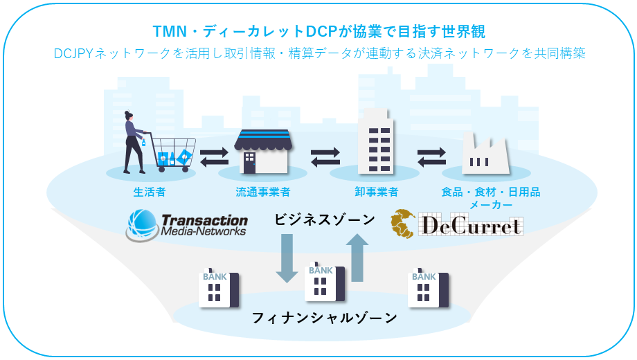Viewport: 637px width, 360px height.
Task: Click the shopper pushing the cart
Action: tap(134, 142)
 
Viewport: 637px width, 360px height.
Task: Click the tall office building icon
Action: tap(374, 146)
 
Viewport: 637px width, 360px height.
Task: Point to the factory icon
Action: tap(485, 153)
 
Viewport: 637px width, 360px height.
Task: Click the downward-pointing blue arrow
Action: tap(286, 258)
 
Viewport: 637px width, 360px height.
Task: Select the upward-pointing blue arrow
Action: tap(357, 258)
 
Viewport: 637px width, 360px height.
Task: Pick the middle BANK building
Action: tap(324, 282)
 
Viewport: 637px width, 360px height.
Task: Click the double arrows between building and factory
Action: tap(431, 157)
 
